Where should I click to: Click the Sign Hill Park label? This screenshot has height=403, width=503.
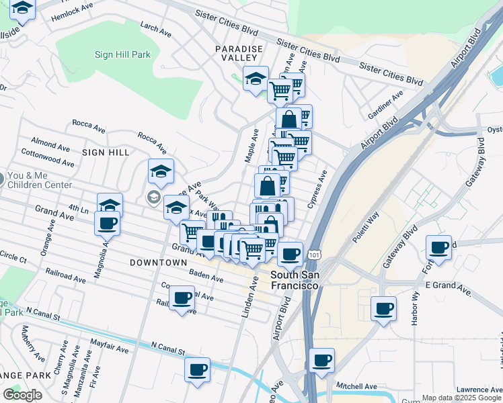tap(122, 54)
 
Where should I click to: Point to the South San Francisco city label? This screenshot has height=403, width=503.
tap(295, 281)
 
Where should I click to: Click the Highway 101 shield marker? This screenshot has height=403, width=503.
tap(314, 255)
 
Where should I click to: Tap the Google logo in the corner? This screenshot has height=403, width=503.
tap(22, 395)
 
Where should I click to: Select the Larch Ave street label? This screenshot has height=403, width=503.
tap(155, 28)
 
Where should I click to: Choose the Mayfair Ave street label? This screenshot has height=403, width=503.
tap(112, 349)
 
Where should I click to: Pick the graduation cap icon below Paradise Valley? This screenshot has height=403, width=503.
tap(256, 79)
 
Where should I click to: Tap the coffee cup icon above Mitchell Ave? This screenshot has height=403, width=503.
tap(321, 360)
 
